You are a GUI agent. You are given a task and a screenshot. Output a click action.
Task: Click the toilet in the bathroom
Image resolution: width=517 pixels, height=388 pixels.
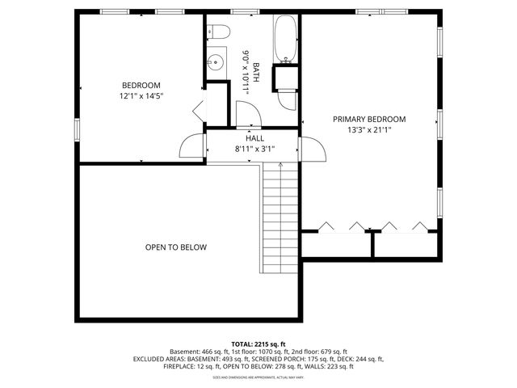pos(220,32)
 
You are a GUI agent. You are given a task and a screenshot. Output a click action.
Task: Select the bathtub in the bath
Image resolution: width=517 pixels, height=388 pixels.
pos(287,40)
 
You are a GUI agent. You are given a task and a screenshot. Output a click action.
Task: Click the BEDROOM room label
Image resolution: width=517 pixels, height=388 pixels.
pos(141,86)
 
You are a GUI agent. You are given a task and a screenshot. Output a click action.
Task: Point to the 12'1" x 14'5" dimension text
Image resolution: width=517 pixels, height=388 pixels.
pos(141,97)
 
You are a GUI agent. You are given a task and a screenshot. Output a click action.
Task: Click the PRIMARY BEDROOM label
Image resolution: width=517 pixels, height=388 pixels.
pos(369,119)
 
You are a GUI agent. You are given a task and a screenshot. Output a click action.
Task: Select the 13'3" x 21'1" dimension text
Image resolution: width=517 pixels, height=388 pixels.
pos(369,130)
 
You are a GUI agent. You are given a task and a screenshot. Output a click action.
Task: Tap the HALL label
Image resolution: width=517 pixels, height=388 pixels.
pos(254,138)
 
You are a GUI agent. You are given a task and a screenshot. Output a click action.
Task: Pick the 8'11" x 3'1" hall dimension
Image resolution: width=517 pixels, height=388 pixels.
pos(254,149)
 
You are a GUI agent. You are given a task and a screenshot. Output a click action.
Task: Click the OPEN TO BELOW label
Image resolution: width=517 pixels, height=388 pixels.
pos(175,247)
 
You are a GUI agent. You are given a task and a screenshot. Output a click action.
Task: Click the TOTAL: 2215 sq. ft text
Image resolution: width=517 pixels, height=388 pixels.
pos(258,344)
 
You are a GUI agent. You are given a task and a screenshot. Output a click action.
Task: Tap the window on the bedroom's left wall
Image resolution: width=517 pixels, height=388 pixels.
pos(78,129)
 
